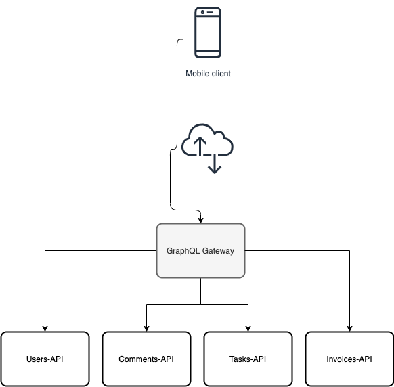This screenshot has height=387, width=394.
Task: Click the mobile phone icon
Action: click(208, 32)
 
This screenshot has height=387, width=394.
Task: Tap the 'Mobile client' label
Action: click(208, 74)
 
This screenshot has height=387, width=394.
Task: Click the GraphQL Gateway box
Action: click(200, 250)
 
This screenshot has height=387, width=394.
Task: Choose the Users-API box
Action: click(45, 359)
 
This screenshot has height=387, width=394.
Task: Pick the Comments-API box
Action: click(146, 359)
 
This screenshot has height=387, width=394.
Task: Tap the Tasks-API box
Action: click(248, 359)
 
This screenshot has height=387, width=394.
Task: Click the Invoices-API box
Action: click(349, 359)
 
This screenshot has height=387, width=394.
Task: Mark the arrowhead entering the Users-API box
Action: click(45, 328)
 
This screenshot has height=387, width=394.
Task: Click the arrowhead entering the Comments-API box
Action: click(146, 328)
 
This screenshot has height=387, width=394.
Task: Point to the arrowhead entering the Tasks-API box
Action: click(248, 328)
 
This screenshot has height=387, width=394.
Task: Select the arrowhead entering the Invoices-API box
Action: click(349, 328)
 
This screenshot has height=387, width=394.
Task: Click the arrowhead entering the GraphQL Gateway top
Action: click(200, 219)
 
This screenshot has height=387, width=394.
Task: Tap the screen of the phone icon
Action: click(208, 31)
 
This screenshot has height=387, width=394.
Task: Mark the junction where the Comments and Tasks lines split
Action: click(200, 305)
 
